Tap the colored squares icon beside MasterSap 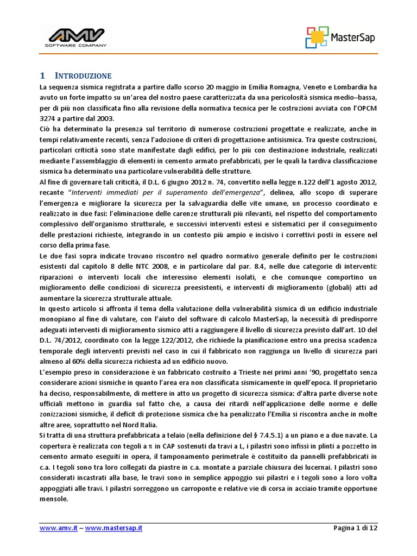317,37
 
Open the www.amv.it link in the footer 55,527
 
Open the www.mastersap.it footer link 113,527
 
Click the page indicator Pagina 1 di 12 355,527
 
